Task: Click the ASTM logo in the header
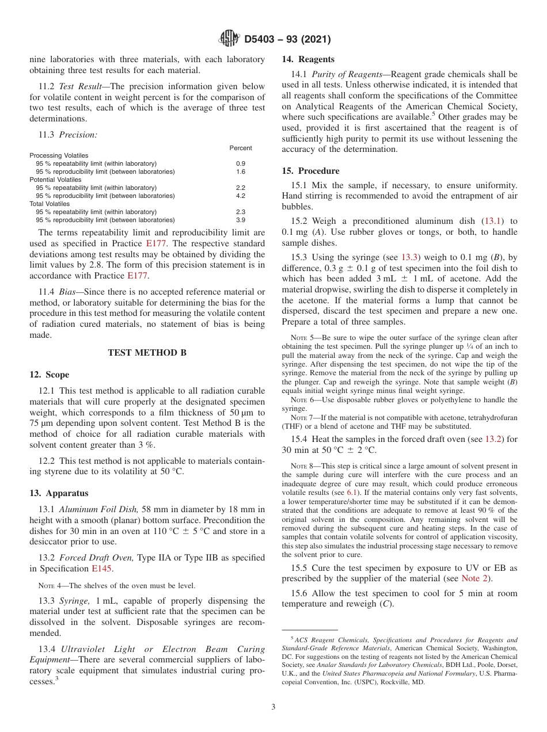pos(229,39)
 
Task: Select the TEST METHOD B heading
pos(147,353)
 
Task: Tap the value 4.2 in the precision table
pos(241,196)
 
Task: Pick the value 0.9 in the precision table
pos(241,163)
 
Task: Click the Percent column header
pos(241,148)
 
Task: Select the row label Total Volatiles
pos(50,204)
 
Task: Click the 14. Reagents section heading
pos(308,59)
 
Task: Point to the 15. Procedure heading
pos(310,171)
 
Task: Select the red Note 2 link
pos(474,578)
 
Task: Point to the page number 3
pos(273,707)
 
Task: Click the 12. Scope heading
pos(50,375)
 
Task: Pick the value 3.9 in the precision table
pos(241,220)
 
